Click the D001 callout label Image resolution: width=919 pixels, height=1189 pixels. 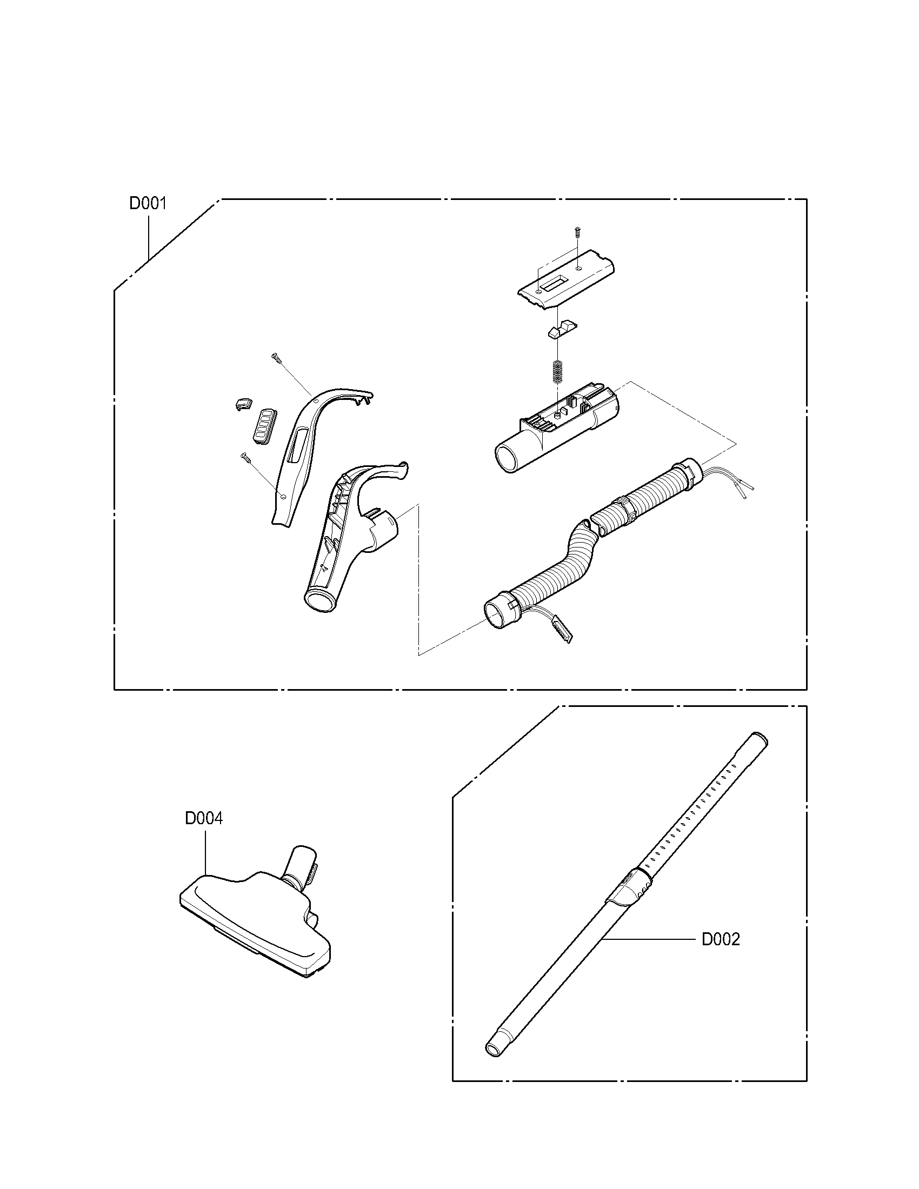pyautogui.click(x=148, y=204)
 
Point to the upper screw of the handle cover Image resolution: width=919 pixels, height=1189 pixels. pyautogui.click(x=276, y=357)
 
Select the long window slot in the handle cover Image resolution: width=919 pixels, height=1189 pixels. pyautogui.click(x=297, y=445)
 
